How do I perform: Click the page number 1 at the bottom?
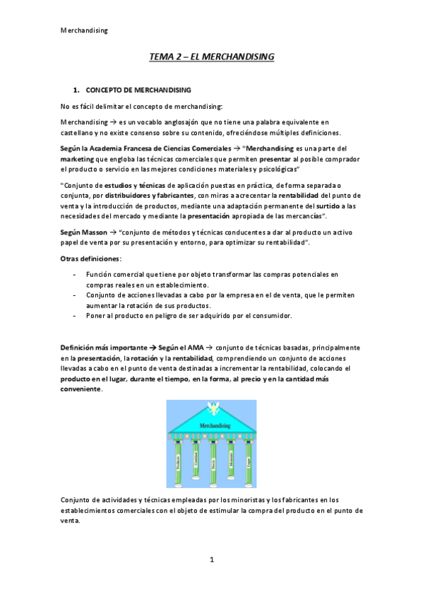(211, 559)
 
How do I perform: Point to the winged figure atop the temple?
(211, 408)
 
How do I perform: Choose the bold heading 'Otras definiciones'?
(90, 260)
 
